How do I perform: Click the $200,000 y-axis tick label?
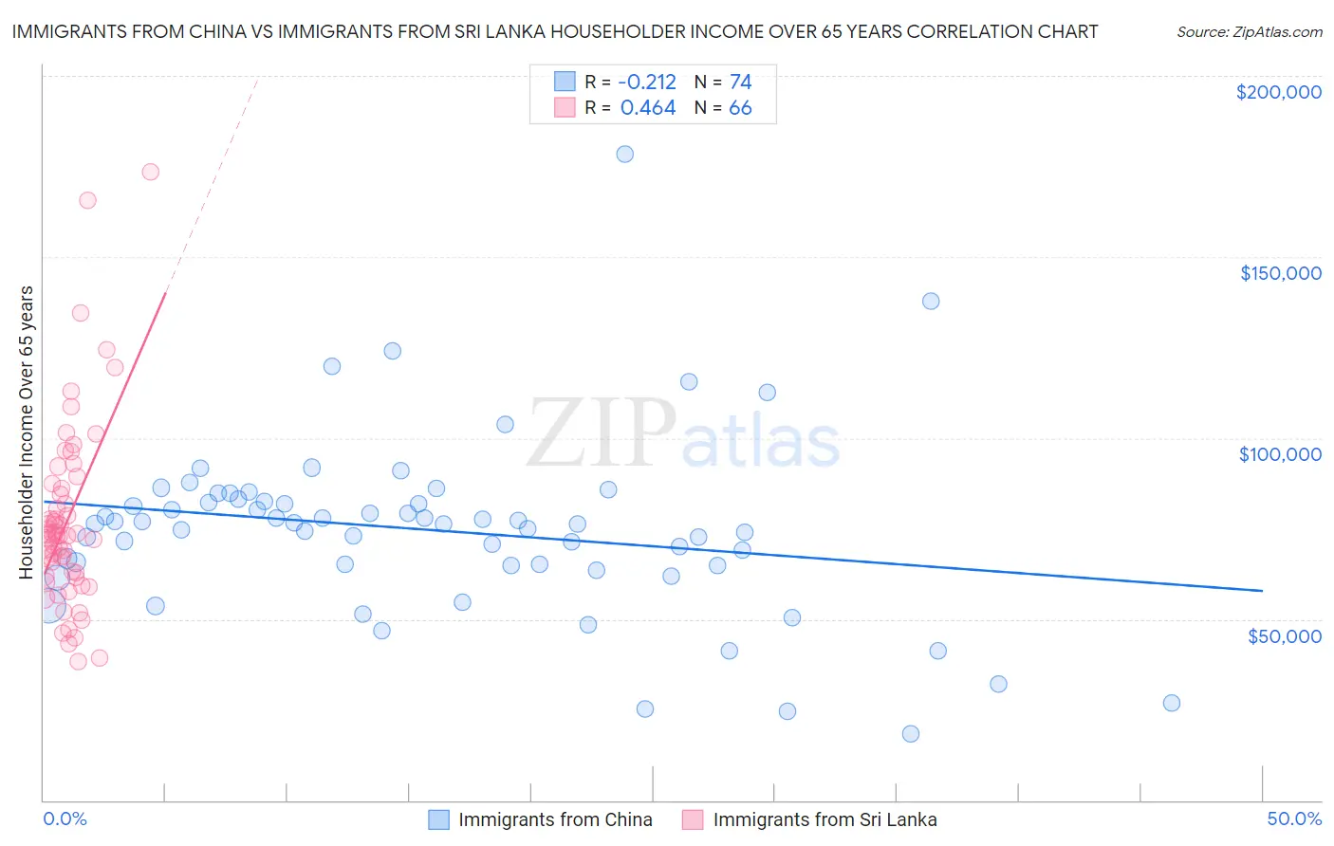1278,92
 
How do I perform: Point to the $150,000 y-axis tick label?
1280,273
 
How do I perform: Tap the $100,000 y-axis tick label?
1280,454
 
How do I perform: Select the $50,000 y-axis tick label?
1284,635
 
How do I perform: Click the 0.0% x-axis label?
65,818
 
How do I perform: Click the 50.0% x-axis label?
1294,818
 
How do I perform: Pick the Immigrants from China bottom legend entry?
541,819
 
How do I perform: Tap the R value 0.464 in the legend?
648,108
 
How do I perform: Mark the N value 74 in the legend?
740,83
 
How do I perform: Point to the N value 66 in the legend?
740,108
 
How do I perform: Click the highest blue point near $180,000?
624,154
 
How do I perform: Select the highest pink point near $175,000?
150,172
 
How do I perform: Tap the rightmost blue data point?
1171,703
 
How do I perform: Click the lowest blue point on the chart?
910,733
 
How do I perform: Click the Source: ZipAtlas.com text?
1249,32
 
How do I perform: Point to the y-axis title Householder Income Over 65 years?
27,432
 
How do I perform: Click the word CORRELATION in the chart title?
981,31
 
